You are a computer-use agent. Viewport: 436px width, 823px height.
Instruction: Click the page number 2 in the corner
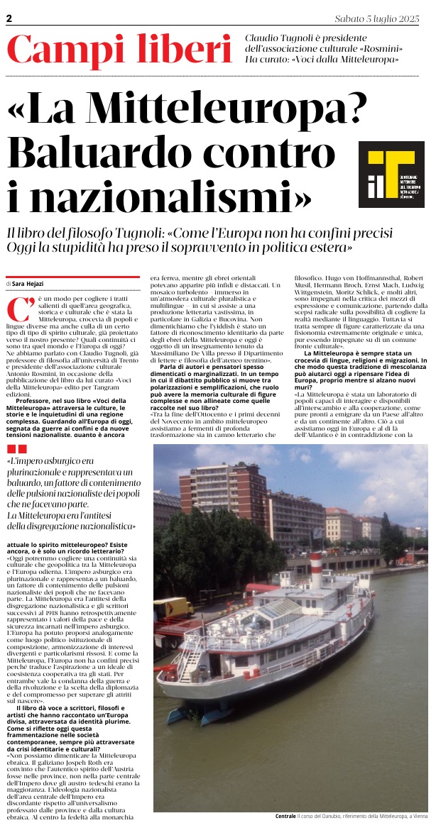(x=9, y=20)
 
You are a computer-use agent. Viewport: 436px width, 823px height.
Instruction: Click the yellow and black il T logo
(x=391, y=174)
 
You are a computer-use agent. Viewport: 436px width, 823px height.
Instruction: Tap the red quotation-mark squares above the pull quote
(x=17, y=429)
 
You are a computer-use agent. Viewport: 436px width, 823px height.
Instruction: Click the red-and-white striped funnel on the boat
(x=316, y=570)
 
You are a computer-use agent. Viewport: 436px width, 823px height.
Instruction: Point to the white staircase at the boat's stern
(x=190, y=663)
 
